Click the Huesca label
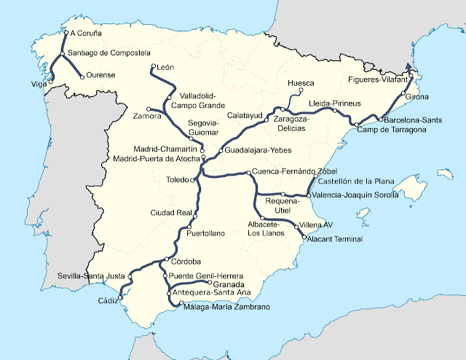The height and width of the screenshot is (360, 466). pos(301,83)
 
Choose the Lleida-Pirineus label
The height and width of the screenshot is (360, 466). pos(334,103)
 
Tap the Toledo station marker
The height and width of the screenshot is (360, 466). pos(191,181)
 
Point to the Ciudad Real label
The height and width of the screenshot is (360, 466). pos(170,213)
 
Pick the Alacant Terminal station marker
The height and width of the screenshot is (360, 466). pos(304,237)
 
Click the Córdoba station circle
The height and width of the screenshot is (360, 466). pos(167,260)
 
